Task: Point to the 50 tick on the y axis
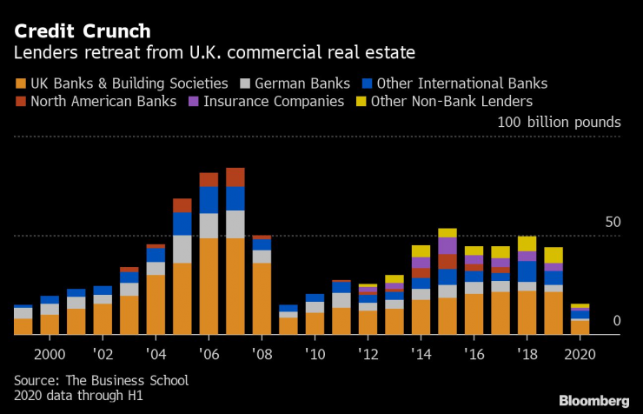tap(613, 224)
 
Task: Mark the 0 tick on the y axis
tap(616, 322)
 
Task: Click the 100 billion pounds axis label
tap(559, 122)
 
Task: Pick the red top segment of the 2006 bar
tap(209, 179)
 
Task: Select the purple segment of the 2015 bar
tap(447, 246)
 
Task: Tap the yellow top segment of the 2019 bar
tap(554, 255)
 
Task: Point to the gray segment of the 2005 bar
tap(182, 249)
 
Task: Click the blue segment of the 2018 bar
tap(527, 271)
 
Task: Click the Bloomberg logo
tap(593, 400)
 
